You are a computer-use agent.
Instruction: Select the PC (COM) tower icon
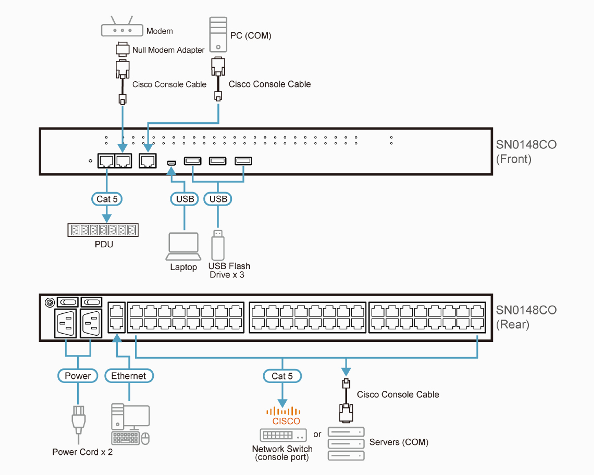click(218, 34)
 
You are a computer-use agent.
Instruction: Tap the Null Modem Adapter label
click(168, 50)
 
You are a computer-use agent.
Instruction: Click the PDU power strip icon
click(103, 230)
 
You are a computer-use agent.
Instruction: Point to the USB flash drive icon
click(218, 245)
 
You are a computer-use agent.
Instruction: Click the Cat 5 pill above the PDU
click(107, 199)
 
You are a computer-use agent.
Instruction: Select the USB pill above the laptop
click(185, 199)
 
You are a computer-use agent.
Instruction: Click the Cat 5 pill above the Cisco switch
click(282, 376)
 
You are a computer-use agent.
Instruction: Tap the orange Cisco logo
click(284, 416)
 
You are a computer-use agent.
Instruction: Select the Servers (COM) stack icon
click(346, 443)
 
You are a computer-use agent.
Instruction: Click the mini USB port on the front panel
click(171, 163)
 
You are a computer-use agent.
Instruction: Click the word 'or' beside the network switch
click(317, 434)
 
